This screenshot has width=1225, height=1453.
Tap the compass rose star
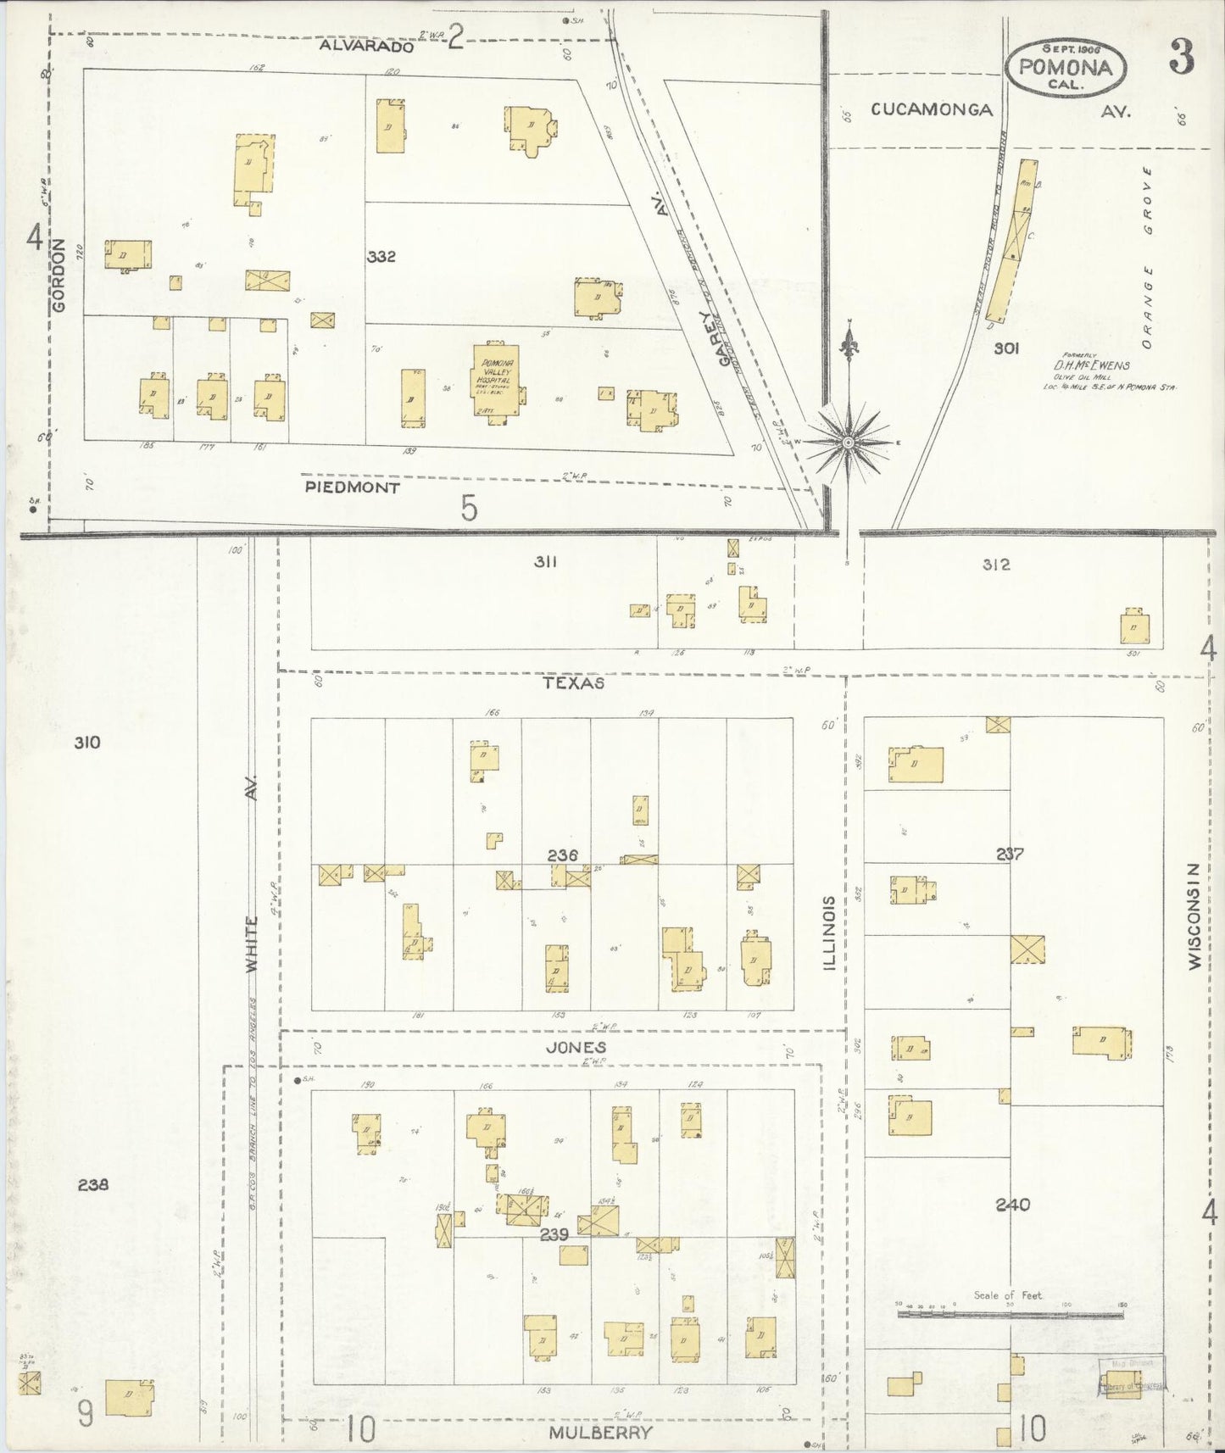(848, 443)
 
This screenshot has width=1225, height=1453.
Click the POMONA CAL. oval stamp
(1066, 67)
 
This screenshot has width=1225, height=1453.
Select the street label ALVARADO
(367, 47)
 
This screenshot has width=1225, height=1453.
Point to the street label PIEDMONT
(352, 487)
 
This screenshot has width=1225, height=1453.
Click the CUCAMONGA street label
(932, 109)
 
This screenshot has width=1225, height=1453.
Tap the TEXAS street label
(574, 682)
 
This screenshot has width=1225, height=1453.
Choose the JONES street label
(576, 1048)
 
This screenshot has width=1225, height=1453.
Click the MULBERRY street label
(600, 1433)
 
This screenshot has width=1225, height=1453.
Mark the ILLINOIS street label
(829, 932)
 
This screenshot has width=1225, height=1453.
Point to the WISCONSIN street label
(1194, 916)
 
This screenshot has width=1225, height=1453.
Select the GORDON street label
(58, 276)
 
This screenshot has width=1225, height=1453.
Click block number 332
(381, 256)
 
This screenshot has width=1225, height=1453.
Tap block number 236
(562, 855)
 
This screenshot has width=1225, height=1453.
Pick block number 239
(554, 1234)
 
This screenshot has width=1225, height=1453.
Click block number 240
(1013, 1205)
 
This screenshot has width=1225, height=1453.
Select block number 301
(1007, 348)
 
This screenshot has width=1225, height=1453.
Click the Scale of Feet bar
(1011, 1315)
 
